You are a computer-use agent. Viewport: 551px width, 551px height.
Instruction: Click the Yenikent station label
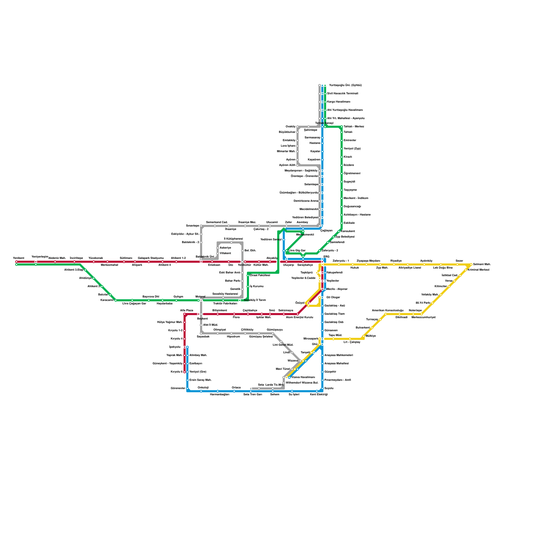[19, 258]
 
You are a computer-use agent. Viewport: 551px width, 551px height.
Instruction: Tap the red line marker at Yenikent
[17, 262]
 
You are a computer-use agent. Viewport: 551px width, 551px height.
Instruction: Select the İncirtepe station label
[76, 258]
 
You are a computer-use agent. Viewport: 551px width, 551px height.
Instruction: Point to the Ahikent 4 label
[165, 265]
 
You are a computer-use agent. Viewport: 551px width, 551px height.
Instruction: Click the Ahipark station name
[137, 265]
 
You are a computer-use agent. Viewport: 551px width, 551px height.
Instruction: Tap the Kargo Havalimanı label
[339, 102]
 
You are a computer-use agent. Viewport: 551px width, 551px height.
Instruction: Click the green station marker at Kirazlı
[342, 157]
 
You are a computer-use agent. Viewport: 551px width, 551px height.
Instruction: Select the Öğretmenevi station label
[352, 174]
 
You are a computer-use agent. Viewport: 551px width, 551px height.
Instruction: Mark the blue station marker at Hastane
[322, 143]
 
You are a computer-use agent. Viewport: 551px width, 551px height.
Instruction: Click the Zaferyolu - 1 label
[341, 261]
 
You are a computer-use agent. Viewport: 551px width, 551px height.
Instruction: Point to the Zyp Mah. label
[382, 268]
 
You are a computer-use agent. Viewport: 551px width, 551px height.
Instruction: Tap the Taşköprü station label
[306, 273]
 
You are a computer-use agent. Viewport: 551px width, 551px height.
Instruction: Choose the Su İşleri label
[294, 395]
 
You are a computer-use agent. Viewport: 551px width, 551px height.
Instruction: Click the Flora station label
[236, 318]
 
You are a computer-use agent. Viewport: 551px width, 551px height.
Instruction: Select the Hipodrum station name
[233, 337]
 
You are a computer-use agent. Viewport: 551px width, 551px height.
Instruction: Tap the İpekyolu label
[175, 347]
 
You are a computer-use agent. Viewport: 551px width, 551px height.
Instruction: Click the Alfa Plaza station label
[187, 311]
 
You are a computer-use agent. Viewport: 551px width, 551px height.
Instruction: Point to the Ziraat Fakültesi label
[260, 275]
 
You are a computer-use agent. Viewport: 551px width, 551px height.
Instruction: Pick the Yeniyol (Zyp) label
[352, 149]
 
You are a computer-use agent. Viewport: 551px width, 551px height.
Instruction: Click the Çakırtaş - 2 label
[261, 229]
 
